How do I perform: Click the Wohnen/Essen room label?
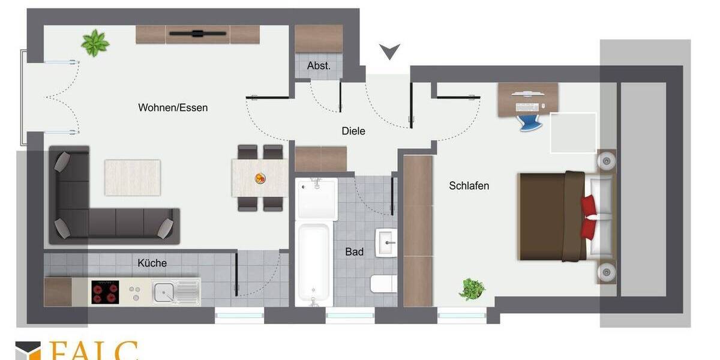(173, 108)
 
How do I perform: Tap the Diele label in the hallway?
(353, 131)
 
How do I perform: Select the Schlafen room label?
(469, 186)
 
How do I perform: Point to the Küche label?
(152, 263)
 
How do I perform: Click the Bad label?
(354, 252)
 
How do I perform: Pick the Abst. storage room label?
(319, 66)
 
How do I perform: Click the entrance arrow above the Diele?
(389, 52)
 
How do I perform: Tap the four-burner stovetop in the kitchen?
(105, 292)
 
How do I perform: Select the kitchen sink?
(169, 292)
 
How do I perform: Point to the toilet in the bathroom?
(383, 283)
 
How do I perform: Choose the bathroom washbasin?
(386, 243)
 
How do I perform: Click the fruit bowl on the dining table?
(260, 178)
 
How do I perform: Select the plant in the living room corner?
(95, 43)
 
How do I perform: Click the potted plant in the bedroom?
(472, 289)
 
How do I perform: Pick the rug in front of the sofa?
(133, 177)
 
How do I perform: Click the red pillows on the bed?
(589, 217)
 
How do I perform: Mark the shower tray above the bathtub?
(317, 199)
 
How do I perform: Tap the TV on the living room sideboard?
(197, 34)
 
